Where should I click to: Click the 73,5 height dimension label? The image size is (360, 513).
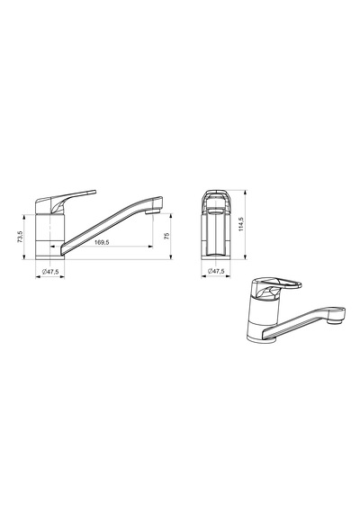(20, 237)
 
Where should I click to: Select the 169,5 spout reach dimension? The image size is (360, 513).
(102, 242)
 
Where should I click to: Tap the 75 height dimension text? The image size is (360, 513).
(166, 236)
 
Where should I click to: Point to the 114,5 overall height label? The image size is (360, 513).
(241, 224)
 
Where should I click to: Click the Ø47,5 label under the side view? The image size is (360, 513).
(50, 271)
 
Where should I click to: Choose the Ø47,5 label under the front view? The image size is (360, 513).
(216, 271)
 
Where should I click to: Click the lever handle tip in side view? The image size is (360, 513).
(94, 192)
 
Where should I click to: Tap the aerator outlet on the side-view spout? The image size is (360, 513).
(152, 211)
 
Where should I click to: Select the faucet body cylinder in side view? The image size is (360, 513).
(49, 237)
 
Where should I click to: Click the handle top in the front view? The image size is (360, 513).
(216, 192)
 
